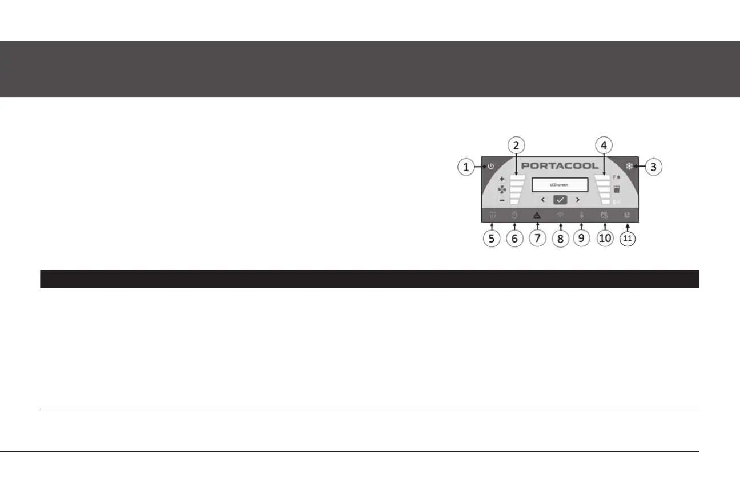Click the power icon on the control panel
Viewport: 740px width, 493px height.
(x=490, y=167)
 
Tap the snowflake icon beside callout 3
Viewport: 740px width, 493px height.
(x=629, y=167)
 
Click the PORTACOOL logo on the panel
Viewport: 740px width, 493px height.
(x=560, y=166)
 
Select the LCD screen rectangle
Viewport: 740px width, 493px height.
(x=560, y=185)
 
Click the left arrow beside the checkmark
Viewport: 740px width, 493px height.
(x=542, y=200)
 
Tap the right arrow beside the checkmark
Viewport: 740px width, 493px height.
(x=578, y=200)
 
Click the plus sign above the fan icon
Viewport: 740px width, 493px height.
(x=501, y=179)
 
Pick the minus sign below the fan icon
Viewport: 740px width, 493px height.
(x=501, y=200)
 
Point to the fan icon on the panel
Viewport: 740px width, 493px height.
(x=502, y=189)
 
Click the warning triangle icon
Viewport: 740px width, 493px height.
(x=537, y=216)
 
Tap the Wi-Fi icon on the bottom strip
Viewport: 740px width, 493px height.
(x=560, y=216)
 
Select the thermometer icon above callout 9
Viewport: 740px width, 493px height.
(x=582, y=216)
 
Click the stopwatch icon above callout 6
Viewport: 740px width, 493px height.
(x=514, y=216)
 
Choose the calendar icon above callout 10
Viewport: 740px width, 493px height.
(x=604, y=216)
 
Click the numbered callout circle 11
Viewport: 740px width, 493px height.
(x=628, y=239)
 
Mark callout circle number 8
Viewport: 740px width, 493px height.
(x=560, y=239)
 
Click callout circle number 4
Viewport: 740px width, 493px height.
(x=603, y=144)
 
